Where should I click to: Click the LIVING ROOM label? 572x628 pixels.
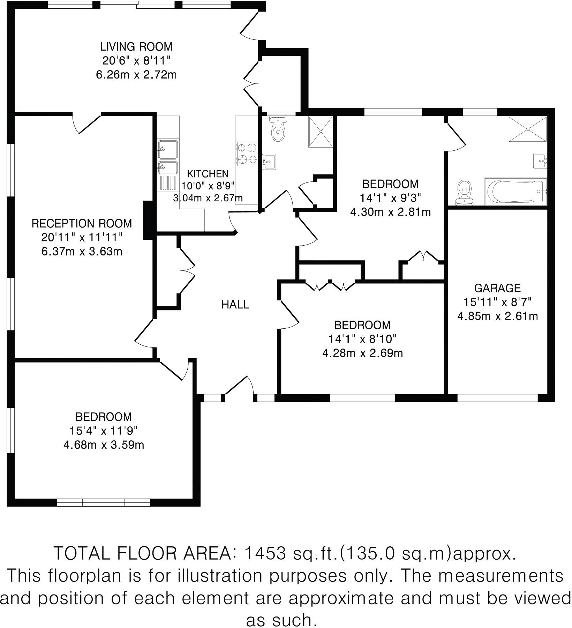click(x=136, y=46)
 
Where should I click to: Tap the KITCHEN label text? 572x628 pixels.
click(x=208, y=174)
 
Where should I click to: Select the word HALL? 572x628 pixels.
click(x=235, y=305)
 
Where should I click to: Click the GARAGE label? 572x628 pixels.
click(x=497, y=288)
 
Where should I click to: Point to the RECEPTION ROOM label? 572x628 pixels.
click(x=82, y=223)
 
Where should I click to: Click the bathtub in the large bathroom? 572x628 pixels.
click(x=515, y=192)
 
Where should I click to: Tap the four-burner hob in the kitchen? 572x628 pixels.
click(x=247, y=154)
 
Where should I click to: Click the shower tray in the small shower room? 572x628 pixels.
click(x=320, y=132)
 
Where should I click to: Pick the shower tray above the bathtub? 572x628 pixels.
click(x=527, y=129)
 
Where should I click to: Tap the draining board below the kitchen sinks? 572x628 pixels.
click(x=168, y=183)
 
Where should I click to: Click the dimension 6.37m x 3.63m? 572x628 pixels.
click(x=82, y=251)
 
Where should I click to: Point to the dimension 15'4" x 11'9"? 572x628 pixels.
click(x=103, y=431)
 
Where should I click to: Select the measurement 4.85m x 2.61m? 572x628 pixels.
click(x=497, y=316)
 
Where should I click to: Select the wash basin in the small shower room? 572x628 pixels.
click(x=269, y=162)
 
